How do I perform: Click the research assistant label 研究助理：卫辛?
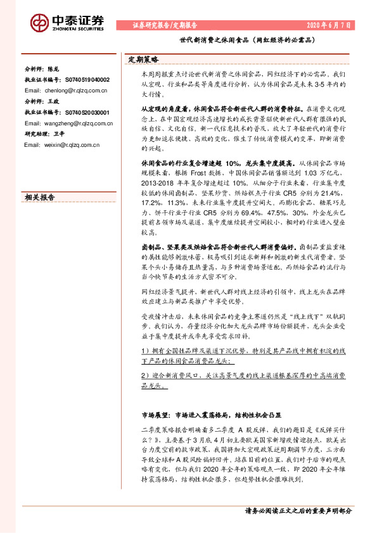[x=44, y=134]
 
